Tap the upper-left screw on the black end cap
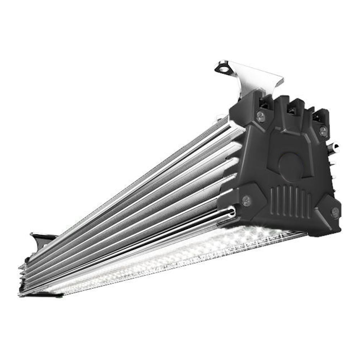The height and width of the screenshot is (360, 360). (x=261, y=116)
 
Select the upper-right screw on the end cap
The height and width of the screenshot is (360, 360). (x=323, y=130)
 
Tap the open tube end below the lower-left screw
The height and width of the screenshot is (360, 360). (x=231, y=213)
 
